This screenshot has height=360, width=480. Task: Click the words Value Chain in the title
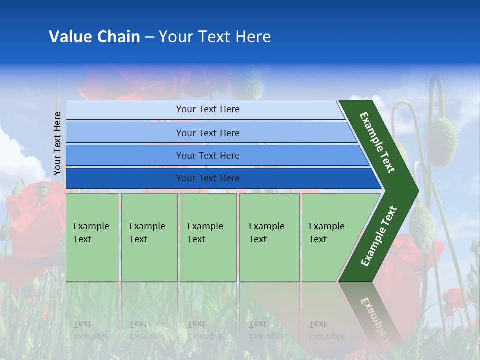pyautogui.click(x=94, y=37)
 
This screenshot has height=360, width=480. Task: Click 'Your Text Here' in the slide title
pyautogui.click(x=215, y=37)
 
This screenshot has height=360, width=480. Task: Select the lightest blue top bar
pyautogui.click(x=207, y=109)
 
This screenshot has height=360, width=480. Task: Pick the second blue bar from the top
pyautogui.click(x=207, y=133)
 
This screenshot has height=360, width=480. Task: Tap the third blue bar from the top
pyautogui.click(x=207, y=155)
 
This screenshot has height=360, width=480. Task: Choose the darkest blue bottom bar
pyautogui.click(x=207, y=178)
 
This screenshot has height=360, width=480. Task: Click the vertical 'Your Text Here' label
pyautogui.click(x=58, y=143)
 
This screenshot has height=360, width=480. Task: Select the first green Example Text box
pyautogui.click(x=92, y=237)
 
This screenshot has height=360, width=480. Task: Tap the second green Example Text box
pyautogui.click(x=149, y=237)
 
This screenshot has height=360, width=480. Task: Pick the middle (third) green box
pyautogui.click(x=207, y=237)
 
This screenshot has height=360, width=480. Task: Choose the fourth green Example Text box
pyautogui.click(x=269, y=237)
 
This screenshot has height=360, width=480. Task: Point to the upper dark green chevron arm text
pyautogui.click(x=378, y=142)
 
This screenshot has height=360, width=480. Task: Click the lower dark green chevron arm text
pyautogui.click(x=379, y=236)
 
